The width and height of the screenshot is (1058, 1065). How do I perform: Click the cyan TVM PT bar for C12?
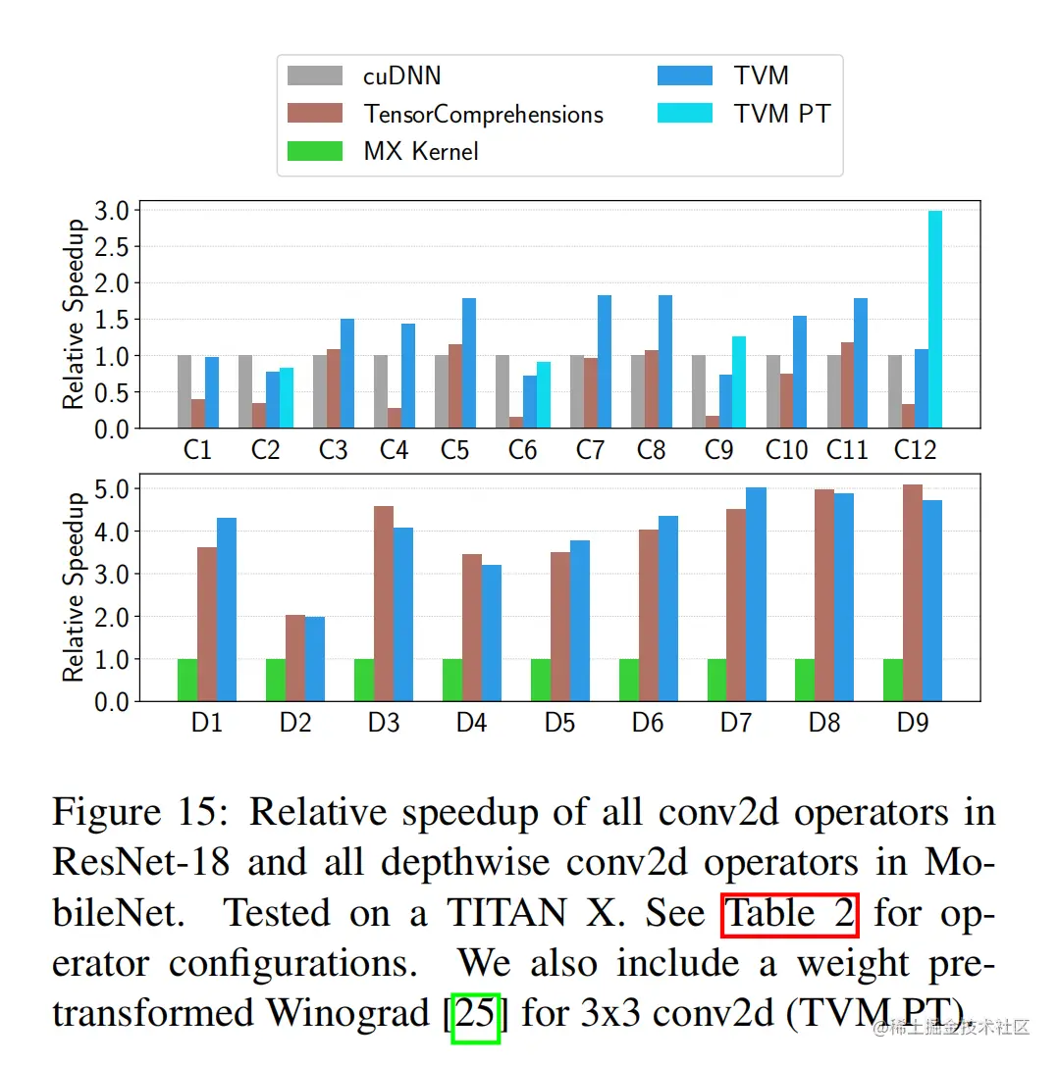pos(935,319)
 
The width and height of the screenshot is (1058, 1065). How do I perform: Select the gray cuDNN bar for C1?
pos(185,391)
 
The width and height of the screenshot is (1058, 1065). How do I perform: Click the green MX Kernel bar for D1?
pos(187,680)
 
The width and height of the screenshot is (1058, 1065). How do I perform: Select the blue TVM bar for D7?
pos(756,594)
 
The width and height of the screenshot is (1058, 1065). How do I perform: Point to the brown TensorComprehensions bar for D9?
pos(913,592)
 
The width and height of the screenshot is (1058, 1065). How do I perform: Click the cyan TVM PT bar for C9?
pos(739,381)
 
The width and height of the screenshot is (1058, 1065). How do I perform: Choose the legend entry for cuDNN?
pos(402,76)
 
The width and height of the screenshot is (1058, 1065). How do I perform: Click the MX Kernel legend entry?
pos(421,151)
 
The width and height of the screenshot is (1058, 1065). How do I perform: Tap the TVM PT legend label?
pos(782,114)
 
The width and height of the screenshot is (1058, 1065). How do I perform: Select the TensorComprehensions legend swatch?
pos(315,114)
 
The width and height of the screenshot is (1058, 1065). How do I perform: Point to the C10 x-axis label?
pos(786,450)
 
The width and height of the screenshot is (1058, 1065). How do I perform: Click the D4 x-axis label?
pos(471,724)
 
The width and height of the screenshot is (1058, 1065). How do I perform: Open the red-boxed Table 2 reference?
pos(790,914)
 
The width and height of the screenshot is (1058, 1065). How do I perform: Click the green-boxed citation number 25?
pos(477,1013)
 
